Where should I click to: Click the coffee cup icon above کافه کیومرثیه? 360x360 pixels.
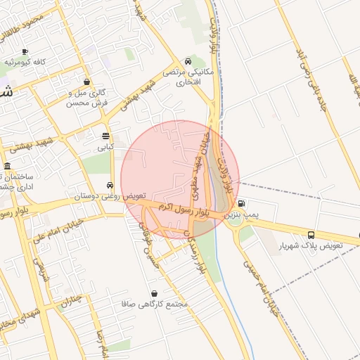(25, 52)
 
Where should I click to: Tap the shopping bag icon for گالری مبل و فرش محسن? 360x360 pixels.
(86, 82)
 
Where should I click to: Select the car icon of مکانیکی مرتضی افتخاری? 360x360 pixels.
(187, 61)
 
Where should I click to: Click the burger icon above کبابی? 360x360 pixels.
(105, 136)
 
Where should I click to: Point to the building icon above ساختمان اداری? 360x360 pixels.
(7, 167)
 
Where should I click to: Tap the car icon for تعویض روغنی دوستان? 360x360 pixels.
(109, 186)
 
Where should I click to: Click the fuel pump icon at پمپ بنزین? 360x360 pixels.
(242, 203)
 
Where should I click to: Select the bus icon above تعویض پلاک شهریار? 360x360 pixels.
(311, 235)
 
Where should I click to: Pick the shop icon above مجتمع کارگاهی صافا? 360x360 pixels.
(154, 293)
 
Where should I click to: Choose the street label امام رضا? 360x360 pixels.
(100, 337)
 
